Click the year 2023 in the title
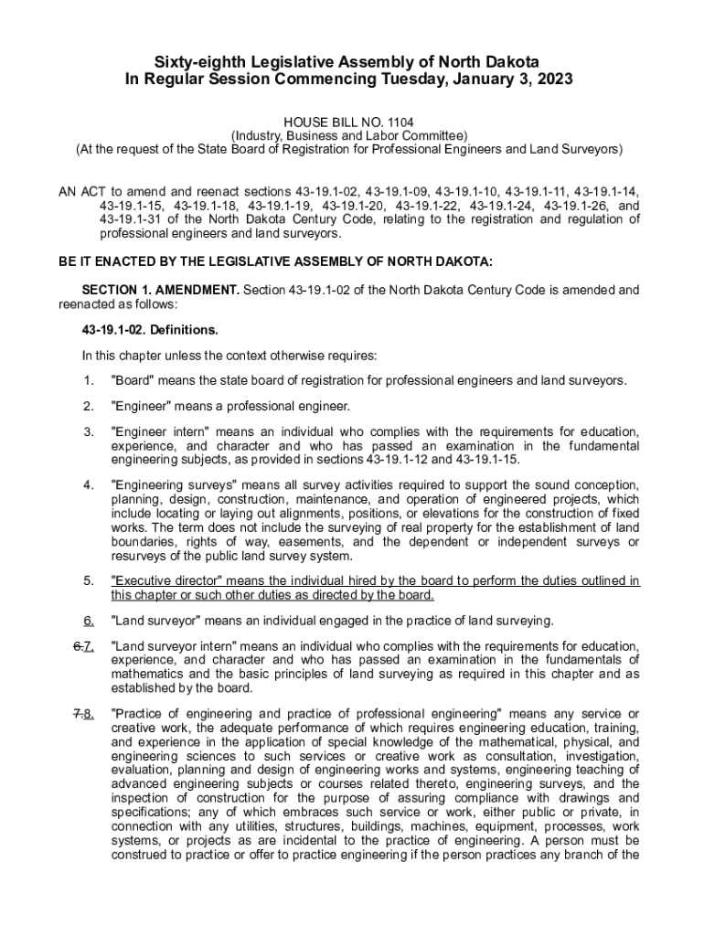point(555,80)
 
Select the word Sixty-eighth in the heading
point(194,61)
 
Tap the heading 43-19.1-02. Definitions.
point(150,329)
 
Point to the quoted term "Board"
point(133,380)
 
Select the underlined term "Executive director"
point(166,581)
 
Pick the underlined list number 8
point(89,714)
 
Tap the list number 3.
point(88,432)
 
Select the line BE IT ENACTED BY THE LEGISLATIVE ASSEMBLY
point(275,262)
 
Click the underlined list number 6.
point(89,622)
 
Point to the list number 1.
point(88,380)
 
